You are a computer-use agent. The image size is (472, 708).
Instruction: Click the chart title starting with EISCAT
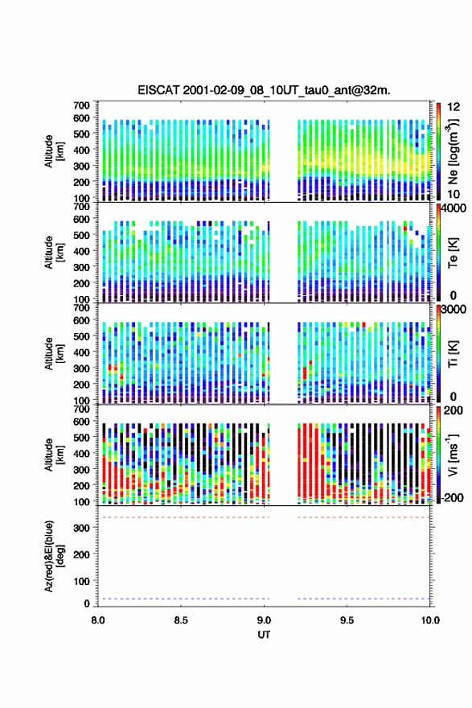point(264,90)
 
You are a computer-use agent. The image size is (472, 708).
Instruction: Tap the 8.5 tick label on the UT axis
point(181,620)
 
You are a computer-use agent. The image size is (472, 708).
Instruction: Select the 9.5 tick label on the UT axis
point(347,620)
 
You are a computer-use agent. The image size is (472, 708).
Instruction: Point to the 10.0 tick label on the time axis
point(430,620)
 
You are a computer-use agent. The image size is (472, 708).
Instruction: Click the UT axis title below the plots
point(264,635)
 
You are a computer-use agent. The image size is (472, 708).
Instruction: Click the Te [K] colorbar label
point(453,253)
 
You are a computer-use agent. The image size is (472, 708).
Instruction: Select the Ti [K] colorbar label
point(453,353)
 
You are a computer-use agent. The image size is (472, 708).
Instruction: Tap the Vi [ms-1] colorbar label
point(453,455)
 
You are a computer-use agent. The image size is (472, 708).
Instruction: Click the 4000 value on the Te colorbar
point(454,209)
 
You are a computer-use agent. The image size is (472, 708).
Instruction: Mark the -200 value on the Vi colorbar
point(452,497)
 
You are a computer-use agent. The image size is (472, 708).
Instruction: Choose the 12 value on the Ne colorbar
point(454,107)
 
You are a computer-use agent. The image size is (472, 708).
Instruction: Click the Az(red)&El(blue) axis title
point(54,556)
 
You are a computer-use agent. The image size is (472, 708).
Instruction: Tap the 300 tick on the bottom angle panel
point(82,528)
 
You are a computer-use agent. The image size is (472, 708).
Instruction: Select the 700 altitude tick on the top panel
point(82,105)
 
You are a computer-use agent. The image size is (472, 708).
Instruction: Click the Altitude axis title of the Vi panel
point(54,455)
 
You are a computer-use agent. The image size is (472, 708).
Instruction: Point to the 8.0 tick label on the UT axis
point(98,620)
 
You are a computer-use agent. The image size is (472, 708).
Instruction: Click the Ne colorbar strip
point(438,150)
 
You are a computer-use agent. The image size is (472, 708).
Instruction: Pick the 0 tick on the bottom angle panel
point(87,603)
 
